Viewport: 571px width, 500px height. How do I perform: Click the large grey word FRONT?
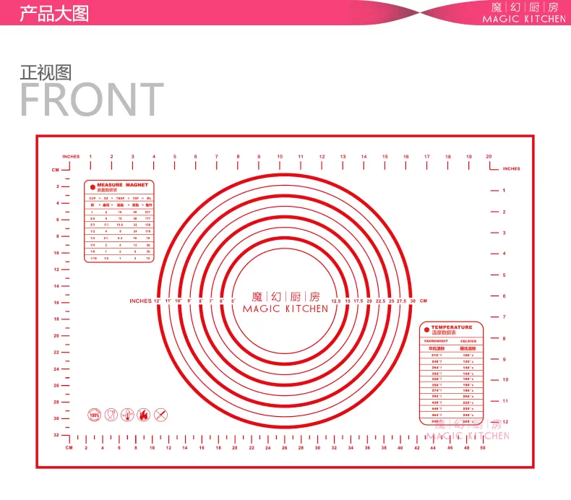click(x=92, y=99)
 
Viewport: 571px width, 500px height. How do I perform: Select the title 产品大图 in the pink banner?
click(x=53, y=13)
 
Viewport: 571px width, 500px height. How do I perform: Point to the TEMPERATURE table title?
click(x=451, y=327)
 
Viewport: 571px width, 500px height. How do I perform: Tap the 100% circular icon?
click(x=94, y=415)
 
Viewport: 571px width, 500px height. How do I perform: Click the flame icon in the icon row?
click(x=144, y=415)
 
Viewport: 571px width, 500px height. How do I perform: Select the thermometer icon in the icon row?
click(x=127, y=415)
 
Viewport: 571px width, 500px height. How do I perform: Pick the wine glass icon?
click(x=111, y=415)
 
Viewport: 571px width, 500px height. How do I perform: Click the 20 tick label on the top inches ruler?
click(x=489, y=156)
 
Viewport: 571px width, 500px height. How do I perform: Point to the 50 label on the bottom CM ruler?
click(x=482, y=448)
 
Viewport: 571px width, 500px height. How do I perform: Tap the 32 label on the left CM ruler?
click(x=56, y=435)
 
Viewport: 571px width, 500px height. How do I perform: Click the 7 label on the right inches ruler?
click(x=504, y=317)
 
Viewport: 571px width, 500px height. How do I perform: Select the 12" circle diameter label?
click(x=157, y=301)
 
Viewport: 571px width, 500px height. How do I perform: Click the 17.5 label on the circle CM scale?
click(x=358, y=301)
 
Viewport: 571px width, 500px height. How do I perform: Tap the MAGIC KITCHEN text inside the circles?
click(x=285, y=309)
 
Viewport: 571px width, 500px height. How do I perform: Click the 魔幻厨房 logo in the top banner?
click(x=525, y=8)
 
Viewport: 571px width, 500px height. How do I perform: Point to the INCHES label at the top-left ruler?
click(x=71, y=156)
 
